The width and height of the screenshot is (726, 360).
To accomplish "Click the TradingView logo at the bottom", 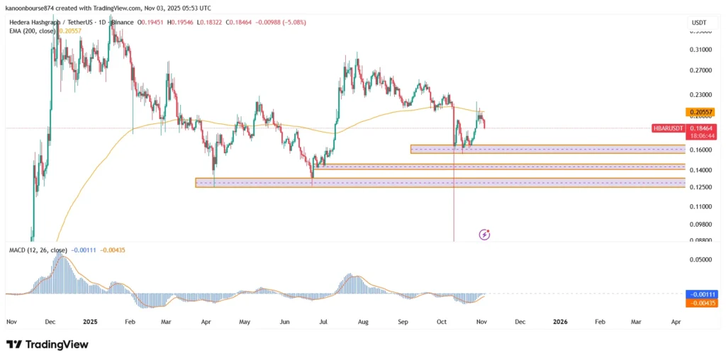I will pyautogui.click(x=48, y=344).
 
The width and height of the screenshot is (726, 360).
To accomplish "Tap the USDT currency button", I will pyautogui.click(x=698, y=24).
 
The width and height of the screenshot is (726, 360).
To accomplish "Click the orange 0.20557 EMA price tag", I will pyautogui.click(x=700, y=112).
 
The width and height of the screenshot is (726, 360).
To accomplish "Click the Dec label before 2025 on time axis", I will pyautogui.click(x=50, y=322).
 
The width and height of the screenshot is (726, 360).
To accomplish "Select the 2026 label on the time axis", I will pyautogui.click(x=559, y=322).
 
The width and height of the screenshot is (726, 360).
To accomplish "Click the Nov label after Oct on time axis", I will pyautogui.click(x=481, y=322).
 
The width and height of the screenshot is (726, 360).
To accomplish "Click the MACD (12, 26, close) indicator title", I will pyautogui.click(x=38, y=250).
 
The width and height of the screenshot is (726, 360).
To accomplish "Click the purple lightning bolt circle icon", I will pyautogui.click(x=485, y=234).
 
